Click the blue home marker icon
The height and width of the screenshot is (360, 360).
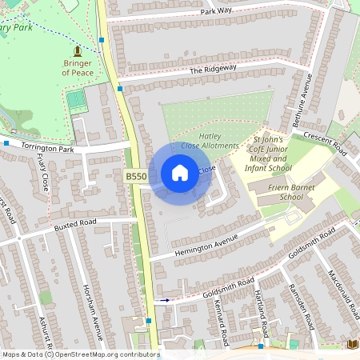180,172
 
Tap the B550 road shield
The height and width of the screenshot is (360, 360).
135,176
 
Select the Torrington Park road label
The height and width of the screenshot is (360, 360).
47,148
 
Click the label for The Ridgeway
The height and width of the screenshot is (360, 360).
214,70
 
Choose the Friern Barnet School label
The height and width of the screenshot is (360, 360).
281,191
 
